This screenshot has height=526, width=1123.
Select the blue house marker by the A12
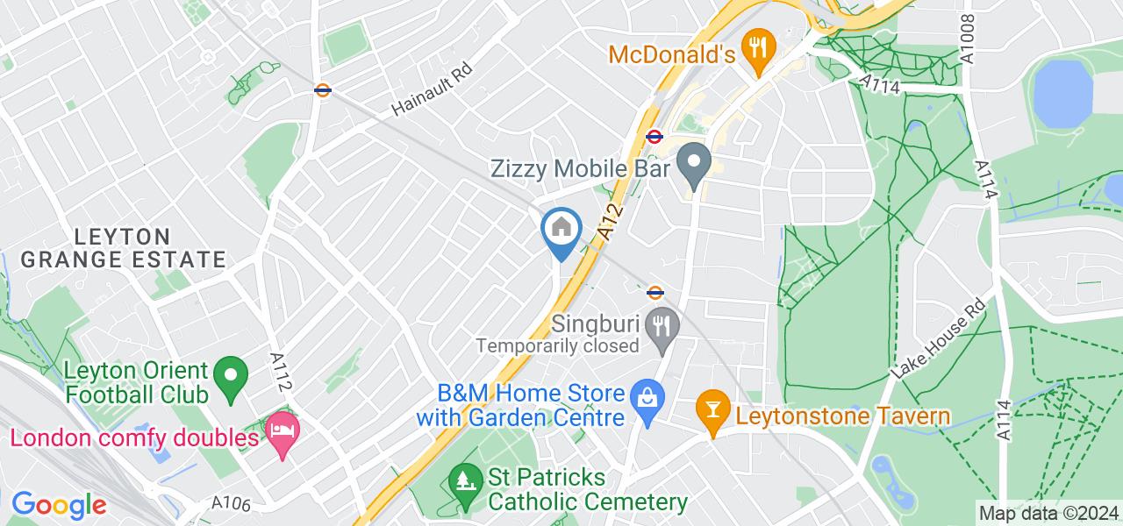point(561,230)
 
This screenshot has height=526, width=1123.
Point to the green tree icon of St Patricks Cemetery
point(463,480)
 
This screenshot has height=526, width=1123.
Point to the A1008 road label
point(968,39)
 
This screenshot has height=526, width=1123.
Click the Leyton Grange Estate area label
point(123,248)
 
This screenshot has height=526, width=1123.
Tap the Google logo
point(58,504)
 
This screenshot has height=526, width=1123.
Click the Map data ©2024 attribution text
point(1049,513)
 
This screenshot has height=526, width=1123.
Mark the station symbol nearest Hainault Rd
point(323,89)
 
